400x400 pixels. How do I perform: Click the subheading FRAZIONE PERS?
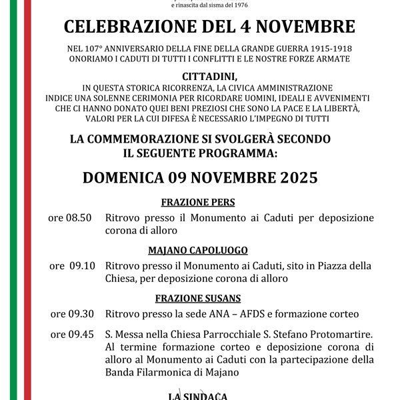(x=197, y=203)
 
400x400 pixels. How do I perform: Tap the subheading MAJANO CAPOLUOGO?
(x=197, y=250)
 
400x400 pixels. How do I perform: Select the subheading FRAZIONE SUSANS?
(x=198, y=298)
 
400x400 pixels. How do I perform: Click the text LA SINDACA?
(x=198, y=396)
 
